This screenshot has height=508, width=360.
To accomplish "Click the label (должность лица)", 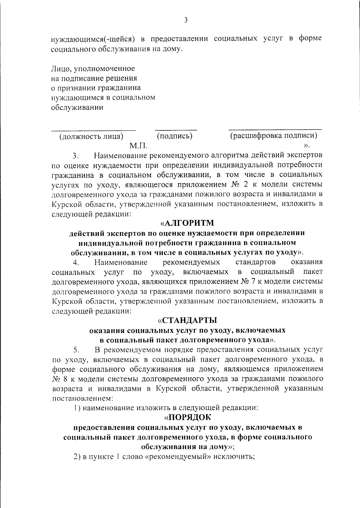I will (91, 136).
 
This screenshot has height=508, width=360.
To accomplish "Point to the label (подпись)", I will (175, 136).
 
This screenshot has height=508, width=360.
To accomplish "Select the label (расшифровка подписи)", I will (274, 136).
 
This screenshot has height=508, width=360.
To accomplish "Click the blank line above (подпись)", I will (176, 130).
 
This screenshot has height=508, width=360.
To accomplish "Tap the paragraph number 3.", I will (75, 156).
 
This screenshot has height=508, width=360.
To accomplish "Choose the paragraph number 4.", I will (76, 263).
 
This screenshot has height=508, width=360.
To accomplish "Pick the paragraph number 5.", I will (76, 350).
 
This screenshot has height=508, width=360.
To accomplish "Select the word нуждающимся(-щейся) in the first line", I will (92, 39).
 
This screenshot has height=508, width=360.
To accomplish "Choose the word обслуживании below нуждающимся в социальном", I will (77, 107).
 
